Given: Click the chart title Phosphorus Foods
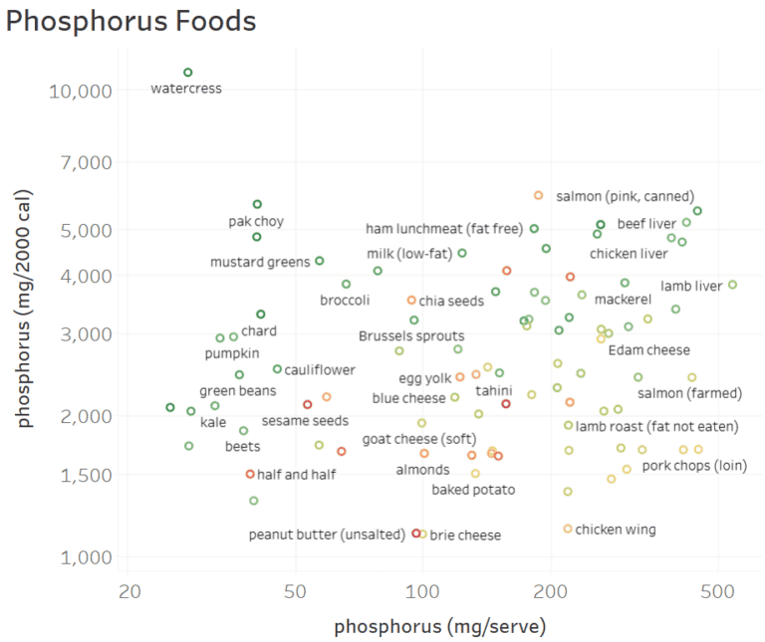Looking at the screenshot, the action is (130, 21).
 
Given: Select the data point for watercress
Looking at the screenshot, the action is (188, 73).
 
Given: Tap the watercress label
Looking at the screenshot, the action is (186, 89).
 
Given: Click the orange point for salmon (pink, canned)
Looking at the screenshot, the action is (538, 195).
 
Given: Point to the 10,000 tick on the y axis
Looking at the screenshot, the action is (81, 92).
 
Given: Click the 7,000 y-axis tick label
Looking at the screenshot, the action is (86, 163).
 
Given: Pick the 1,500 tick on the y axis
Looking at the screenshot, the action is (86, 476).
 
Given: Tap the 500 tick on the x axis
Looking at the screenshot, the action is (717, 592).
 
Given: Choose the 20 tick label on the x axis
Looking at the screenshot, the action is (129, 592).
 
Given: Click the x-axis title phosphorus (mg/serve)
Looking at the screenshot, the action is (439, 627).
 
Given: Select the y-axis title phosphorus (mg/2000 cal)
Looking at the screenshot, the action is (24, 309).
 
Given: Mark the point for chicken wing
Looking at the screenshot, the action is (568, 529).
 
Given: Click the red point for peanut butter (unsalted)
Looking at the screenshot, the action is (416, 534).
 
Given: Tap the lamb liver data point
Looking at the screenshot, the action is (732, 285).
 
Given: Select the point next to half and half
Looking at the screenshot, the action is (250, 474).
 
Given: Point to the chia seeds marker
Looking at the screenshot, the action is (411, 301).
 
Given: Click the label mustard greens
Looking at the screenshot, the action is (260, 262).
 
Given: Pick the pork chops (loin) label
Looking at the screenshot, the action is (694, 466).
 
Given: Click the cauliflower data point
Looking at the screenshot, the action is (277, 369).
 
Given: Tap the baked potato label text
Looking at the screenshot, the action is (473, 490).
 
